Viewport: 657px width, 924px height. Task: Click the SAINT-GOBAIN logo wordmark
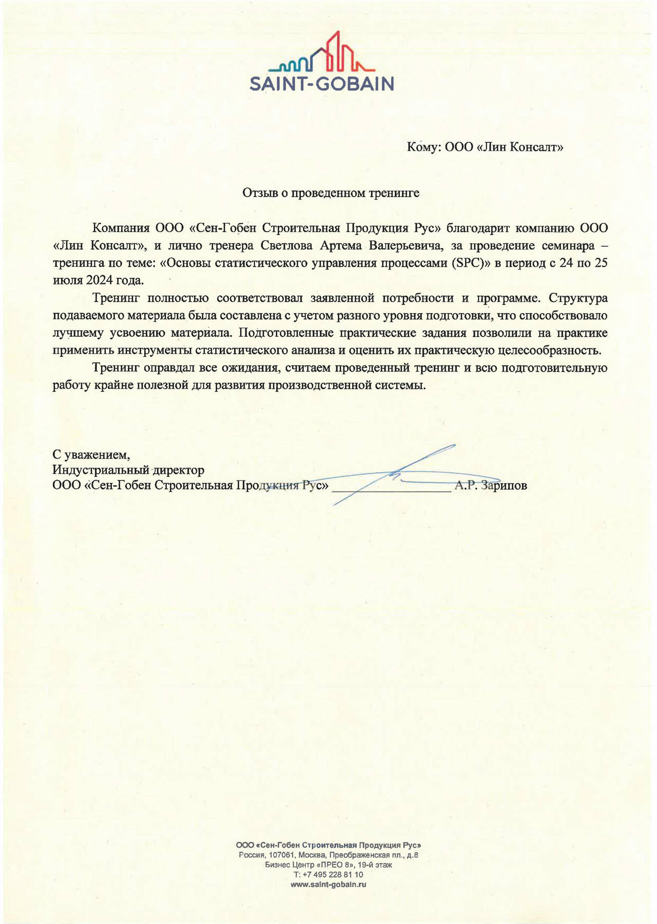322,84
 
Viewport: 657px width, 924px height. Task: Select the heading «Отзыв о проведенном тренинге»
331,193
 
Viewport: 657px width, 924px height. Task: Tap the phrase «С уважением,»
91,454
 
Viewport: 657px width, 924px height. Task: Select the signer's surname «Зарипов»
505,486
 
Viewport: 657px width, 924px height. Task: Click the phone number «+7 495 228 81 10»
333,874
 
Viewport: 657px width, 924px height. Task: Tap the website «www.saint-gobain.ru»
328,884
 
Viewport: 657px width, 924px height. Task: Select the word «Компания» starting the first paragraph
121,228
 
